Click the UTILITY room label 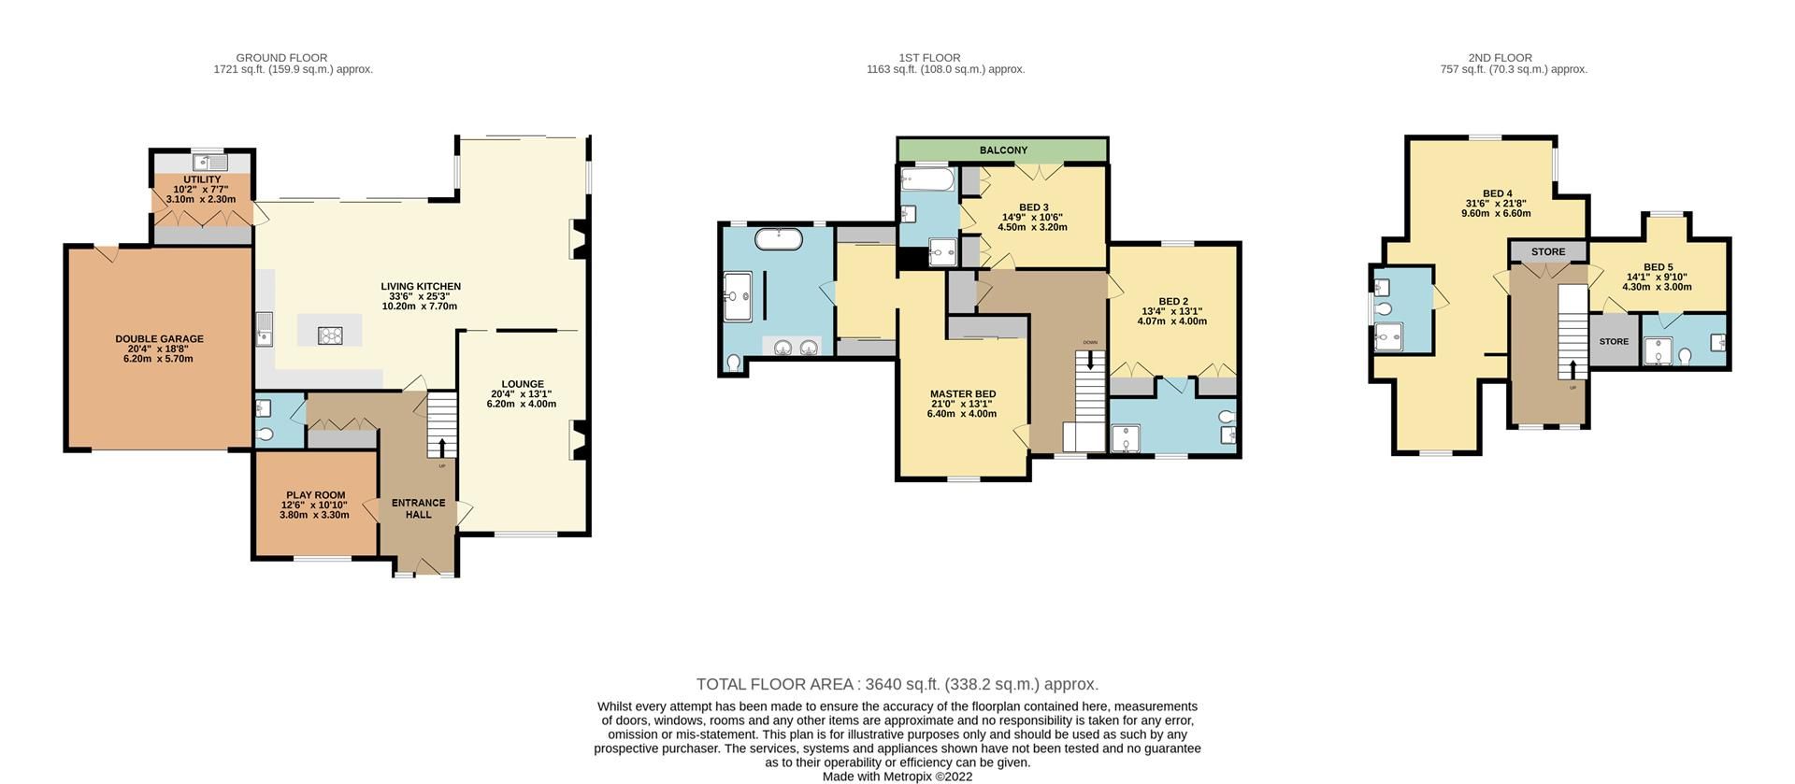(202, 179)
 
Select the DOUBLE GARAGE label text (159, 339)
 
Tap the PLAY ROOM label (315, 495)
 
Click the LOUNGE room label (522, 384)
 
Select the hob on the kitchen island (330, 334)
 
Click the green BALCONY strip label (1003, 150)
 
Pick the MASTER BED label (962, 394)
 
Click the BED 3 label (1033, 207)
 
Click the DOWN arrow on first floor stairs (1090, 359)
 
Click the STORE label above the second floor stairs (1547, 251)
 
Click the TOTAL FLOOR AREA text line (897, 684)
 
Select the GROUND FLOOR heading (281, 58)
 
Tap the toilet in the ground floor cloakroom (265, 435)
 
